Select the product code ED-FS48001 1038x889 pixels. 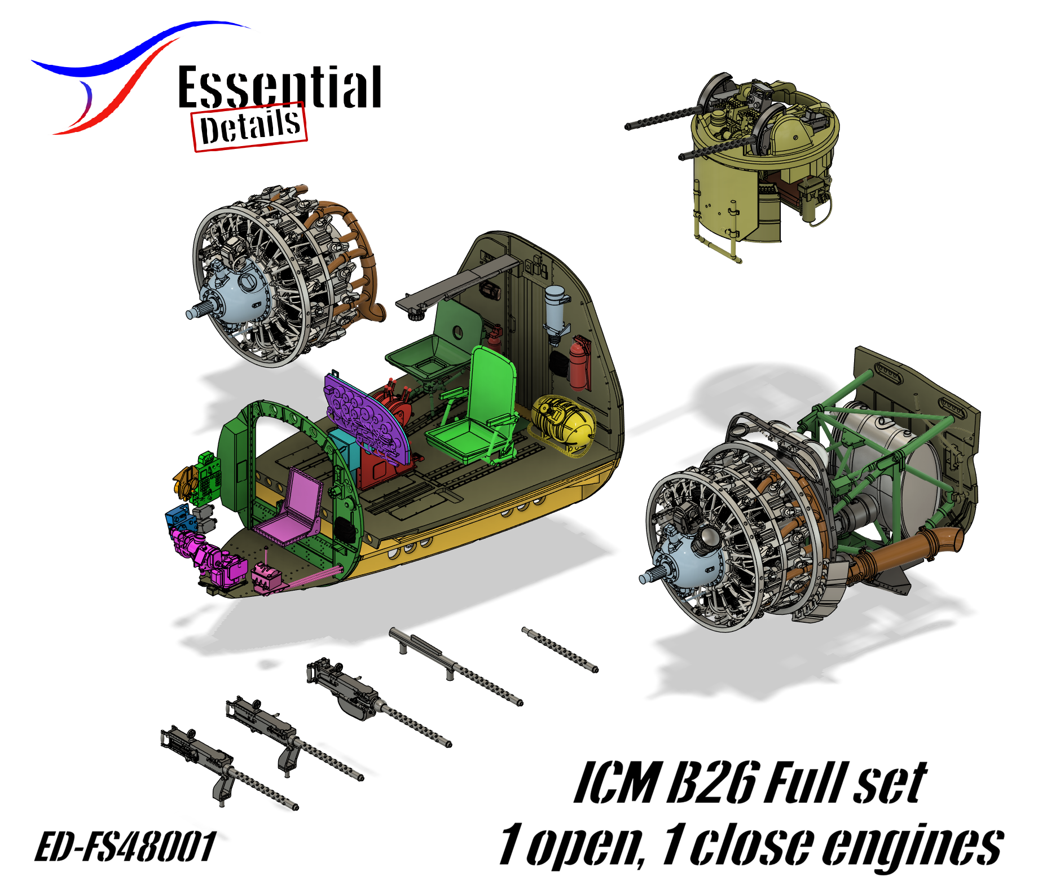(x=125, y=846)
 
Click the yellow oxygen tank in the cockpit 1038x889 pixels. (x=562, y=424)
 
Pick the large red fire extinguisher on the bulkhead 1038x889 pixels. (x=578, y=363)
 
